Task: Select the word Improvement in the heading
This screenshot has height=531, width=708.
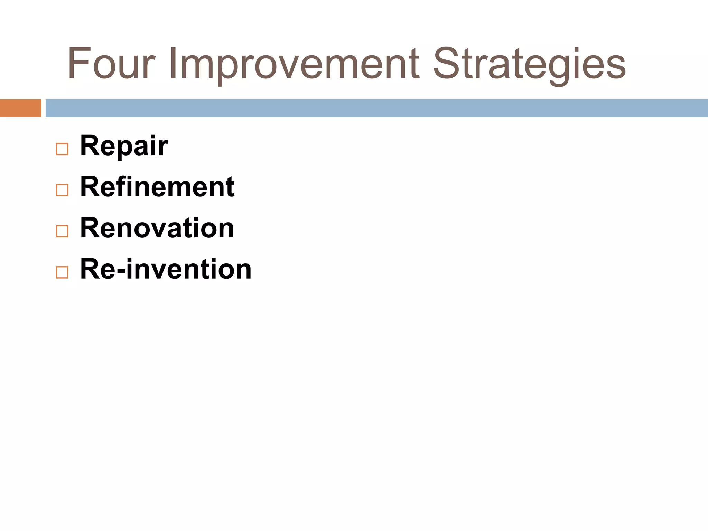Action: click(x=294, y=64)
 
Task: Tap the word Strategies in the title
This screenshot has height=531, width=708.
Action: click(x=529, y=64)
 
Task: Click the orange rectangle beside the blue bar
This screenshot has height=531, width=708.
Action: click(x=21, y=108)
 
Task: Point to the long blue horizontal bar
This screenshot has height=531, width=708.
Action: click(x=377, y=108)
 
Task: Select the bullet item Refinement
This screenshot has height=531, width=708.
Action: click(x=157, y=187)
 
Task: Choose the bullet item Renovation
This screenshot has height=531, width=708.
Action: click(x=157, y=228)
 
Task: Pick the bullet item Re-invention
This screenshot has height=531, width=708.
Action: click(x=166, y=269)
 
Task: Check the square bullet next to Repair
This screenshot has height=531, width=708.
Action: click(x=62, y=149)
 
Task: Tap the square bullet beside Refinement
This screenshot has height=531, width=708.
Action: click(x=62, y=190)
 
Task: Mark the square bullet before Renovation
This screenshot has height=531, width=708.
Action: click(x=62, y=231)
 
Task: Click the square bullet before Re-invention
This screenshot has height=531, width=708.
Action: click(x=62, y=272)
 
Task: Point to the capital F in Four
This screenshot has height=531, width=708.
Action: click(x=77, y=64)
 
